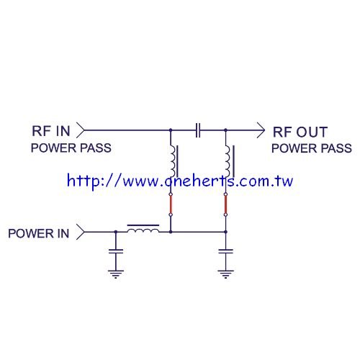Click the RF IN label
point(51,131)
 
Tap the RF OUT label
point(300,132)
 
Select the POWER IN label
point(39,233)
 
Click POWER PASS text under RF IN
point(71,148)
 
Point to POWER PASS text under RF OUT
point(312,148)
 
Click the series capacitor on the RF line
point(198,130)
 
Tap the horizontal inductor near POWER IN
point(143,229)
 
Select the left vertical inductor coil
point(174,161)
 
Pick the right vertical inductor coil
point(229,161)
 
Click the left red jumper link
point(171,204)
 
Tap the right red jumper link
point(225,204)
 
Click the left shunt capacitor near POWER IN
point(116,251)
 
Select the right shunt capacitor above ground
point(225,251)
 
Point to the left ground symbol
point(116,274)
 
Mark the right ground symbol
point(225,274)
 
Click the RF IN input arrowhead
point(81,130)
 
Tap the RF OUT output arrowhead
point(261,130)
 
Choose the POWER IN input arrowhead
point(81,232)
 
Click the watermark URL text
point(180,181)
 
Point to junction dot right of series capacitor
point(225,130)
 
